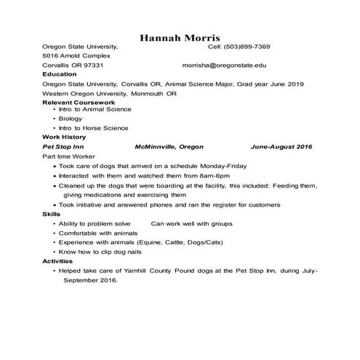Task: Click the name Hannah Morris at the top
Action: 180,37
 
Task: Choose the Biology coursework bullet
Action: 71,118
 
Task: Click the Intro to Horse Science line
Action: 93,127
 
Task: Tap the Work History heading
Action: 65,137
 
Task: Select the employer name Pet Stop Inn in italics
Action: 64,146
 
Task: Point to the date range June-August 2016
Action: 281,146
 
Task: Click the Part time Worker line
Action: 69,156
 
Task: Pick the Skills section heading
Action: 52,215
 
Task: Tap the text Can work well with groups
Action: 191,224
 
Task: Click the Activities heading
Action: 57,260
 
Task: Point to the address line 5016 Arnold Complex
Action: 76,55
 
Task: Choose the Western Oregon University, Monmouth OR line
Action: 109,93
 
